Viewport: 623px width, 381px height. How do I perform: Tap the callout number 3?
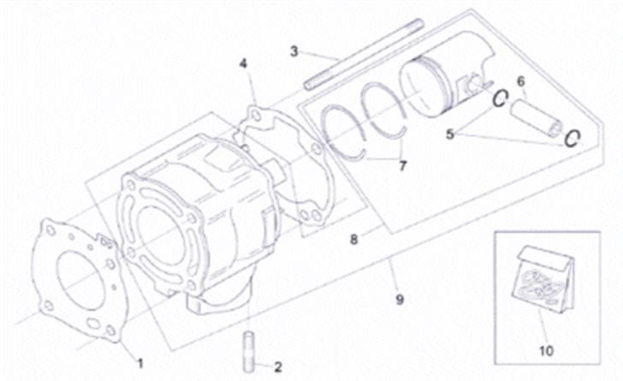(294, 51)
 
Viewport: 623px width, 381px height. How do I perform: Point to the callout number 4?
(243, 63)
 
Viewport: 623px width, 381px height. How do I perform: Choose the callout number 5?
(450, 134)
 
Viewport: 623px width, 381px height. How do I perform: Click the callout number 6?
(519, 81)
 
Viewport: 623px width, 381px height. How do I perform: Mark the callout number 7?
(403, 166)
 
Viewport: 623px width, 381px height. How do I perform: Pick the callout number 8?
(353, 241)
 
